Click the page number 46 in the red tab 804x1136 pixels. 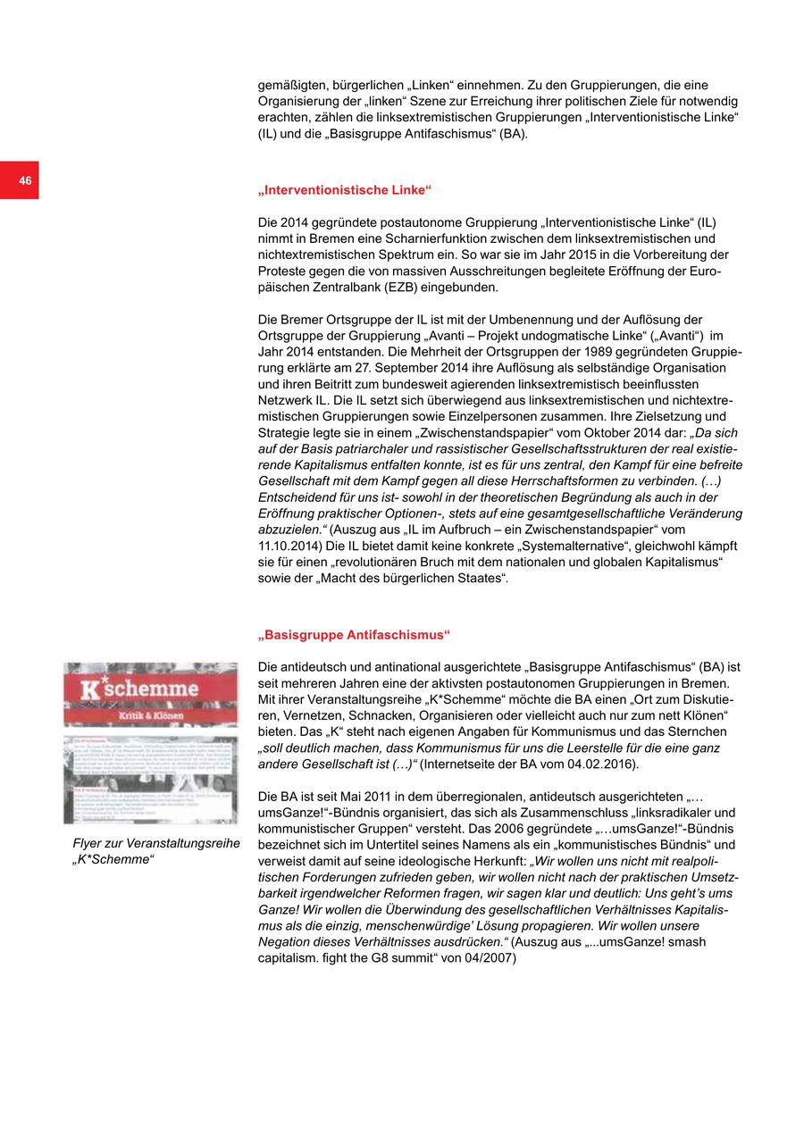[x=25, y=181]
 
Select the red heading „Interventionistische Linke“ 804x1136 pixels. [x=344, y=190]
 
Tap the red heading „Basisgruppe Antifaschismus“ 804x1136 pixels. [x=354, y=635]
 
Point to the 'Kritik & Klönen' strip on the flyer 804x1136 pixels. [x=150, y=717]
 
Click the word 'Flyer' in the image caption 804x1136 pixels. [x=88, y=844]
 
